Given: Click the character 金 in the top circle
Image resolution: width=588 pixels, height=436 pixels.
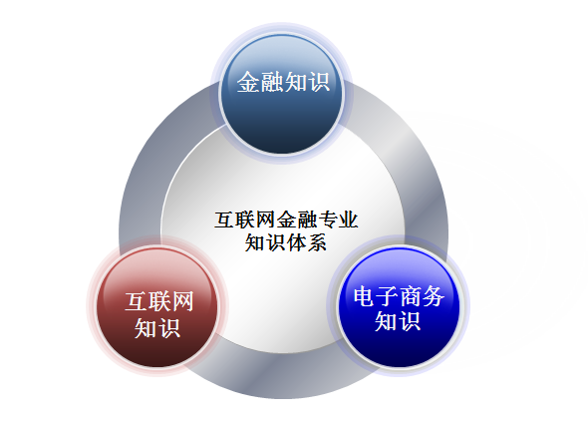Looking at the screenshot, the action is (x=248, y=82).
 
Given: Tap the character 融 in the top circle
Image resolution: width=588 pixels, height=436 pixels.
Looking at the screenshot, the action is (x=271, y=82).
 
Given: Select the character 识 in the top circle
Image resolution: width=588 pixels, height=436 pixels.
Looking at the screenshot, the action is (x=318, y=82).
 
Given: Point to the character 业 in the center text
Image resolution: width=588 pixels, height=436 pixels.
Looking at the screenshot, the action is (x=348, y=219).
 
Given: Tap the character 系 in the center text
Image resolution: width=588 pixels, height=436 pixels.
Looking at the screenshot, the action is (x=316, y=242).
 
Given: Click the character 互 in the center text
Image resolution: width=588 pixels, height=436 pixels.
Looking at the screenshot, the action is (x=224, y=219).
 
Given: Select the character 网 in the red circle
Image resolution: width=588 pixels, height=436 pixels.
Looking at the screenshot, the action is (x=182, y=301).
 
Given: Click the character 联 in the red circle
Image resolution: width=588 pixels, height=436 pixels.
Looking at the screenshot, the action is (x=159, y=301).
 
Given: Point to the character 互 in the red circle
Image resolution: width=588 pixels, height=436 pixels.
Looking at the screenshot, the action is (x=137, y=301).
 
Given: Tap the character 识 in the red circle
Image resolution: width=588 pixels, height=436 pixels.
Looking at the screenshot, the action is (x=169, y=328).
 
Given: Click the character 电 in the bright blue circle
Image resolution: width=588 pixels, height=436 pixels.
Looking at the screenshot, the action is (x=365, y=296).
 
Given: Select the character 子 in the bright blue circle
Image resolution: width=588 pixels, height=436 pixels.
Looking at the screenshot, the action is (x=388, y=296).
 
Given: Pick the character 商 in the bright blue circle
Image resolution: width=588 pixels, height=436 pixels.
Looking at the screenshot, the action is (x=411, y=296).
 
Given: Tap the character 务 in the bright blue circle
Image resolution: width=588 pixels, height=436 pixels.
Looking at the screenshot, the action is (x=434, y=296).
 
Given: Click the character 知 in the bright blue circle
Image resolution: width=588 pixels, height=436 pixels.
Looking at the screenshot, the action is (x=387, y=321).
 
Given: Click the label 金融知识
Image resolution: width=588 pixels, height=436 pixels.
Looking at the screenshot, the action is (x=283, y=82).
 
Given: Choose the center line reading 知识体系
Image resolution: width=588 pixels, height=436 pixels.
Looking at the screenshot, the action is (x=285, y=242).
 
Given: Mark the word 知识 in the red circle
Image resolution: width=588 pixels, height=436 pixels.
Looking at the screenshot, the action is (x=157, y=328).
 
